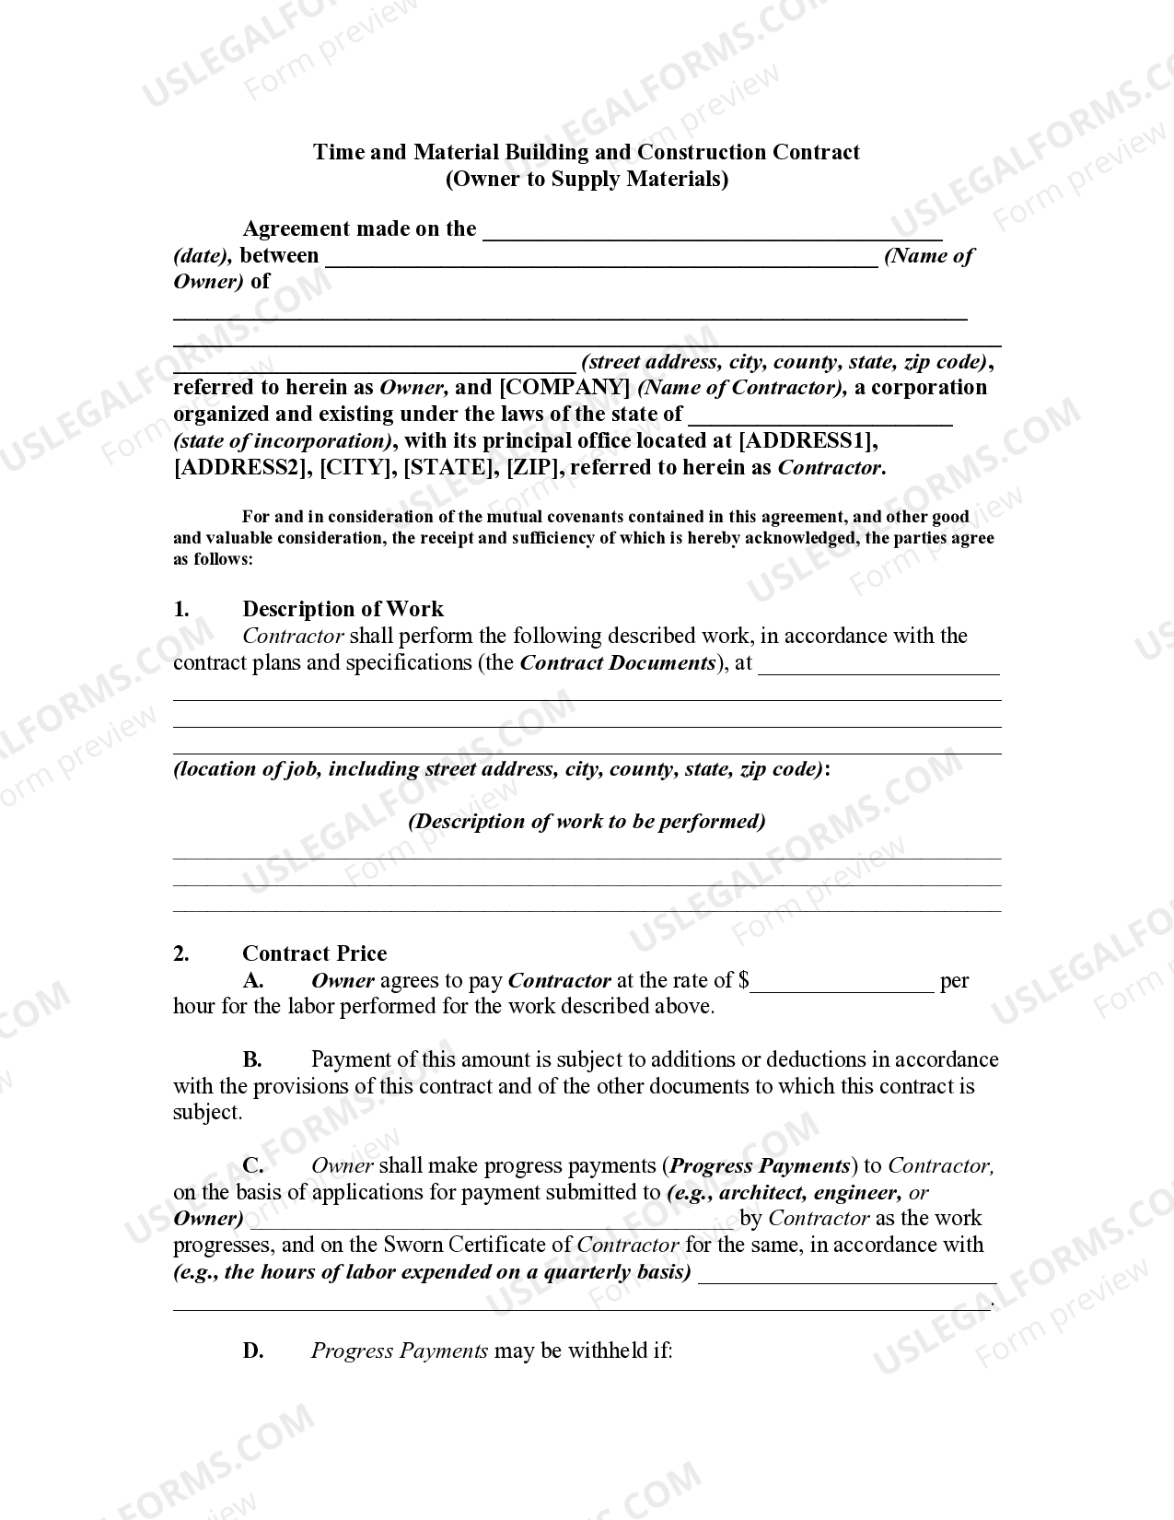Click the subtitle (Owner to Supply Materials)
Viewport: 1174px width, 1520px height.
tap(587, 179)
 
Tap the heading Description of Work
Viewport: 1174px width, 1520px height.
tap(343, 609)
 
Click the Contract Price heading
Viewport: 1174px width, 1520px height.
tap(314, 953)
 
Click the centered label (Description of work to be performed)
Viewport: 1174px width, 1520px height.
tap(587, 822)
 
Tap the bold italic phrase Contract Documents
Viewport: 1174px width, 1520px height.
tap(618, 663)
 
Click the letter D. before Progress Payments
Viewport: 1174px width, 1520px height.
tap(253, 1351)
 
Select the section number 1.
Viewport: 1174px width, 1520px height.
tap(181, 609)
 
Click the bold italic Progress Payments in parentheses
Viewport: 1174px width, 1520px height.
tap(760, 1166)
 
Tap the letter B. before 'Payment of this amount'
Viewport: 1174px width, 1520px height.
tap(252, 1060)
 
